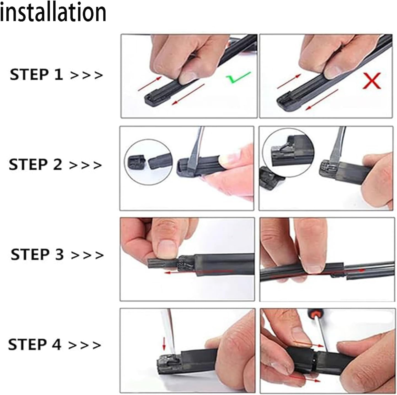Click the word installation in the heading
click(x=53, y=12)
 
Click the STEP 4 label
click(x=34, y=344)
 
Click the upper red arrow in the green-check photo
click(x=150, y=83)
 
